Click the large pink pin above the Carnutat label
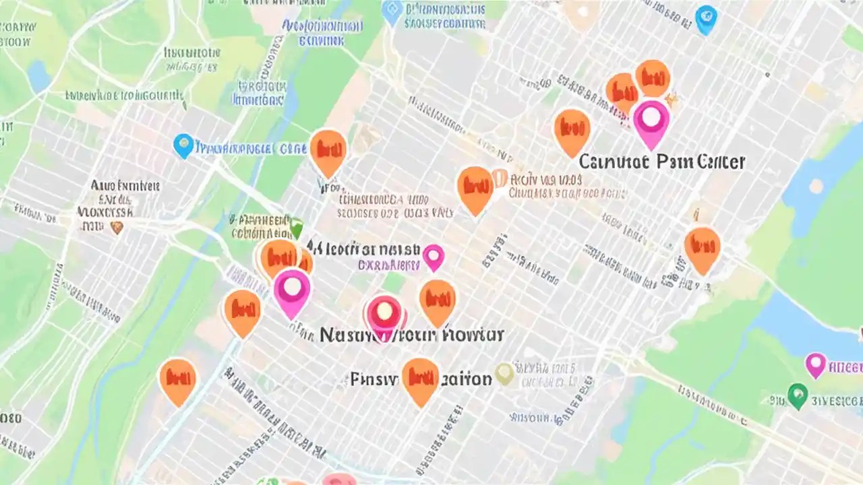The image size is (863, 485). point(651,121)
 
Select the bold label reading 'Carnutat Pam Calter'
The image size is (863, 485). point(661,162)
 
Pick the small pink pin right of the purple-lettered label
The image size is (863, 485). point(433,257)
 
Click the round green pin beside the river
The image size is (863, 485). point(798,395)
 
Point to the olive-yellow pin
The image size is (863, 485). point(504,373)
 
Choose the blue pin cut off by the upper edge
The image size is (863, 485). point(392,11)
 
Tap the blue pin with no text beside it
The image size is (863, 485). point(706,18)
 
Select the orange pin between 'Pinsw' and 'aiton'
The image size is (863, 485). point(420,379)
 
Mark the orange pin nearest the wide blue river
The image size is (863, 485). point(702,247)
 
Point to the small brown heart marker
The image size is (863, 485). point(117,228)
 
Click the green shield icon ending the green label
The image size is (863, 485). point(295,225)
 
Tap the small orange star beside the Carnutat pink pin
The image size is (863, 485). point(671,100)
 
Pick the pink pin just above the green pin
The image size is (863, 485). point(816,364)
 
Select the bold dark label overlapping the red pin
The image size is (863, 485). point(412,334)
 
